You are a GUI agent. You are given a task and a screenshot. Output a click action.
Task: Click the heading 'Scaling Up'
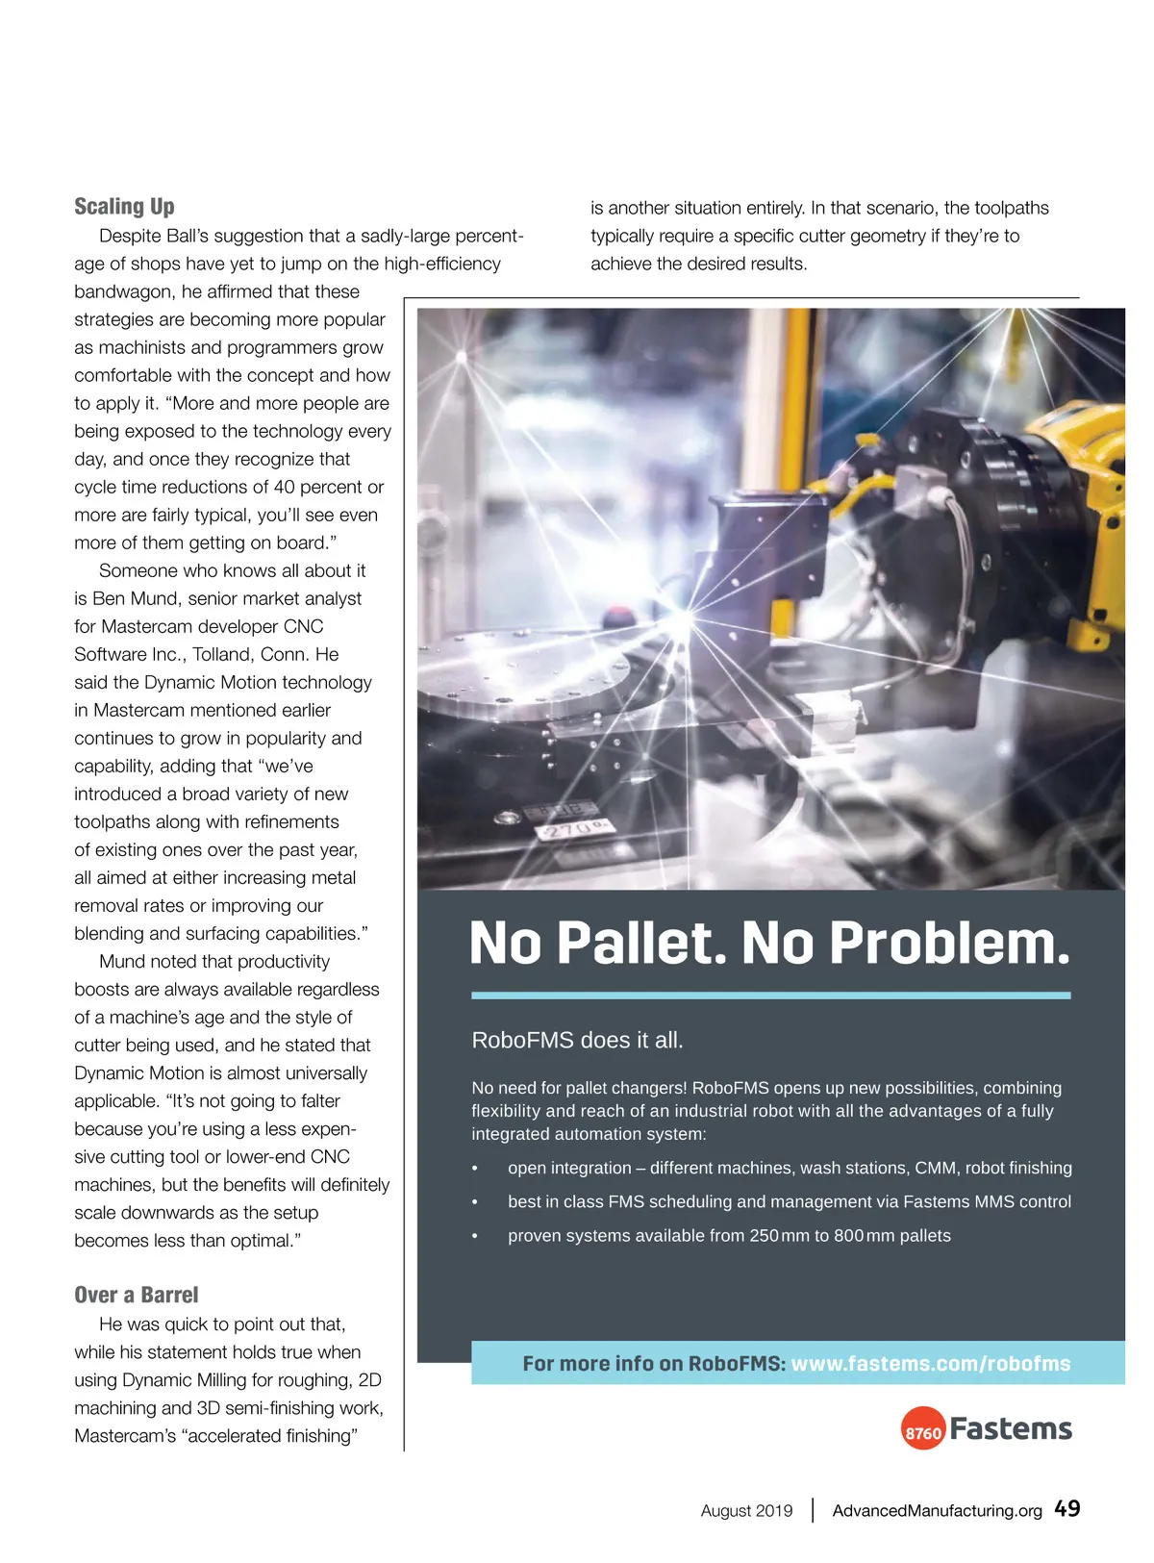point(124,207)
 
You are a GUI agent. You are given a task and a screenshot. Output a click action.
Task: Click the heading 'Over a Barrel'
point(137,1295)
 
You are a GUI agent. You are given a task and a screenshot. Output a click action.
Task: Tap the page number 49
point(1066,1508)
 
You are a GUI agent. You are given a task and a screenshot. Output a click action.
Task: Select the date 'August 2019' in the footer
point(746,1510)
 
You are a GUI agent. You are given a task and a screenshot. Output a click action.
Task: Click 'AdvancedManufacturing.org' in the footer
point(937,1510)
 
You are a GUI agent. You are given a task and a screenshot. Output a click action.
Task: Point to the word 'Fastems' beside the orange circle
point(1011,1429)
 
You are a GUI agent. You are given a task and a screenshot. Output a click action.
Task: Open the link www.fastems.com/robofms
point(930,1363)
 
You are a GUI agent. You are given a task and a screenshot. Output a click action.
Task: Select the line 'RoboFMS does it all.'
point(577,1040)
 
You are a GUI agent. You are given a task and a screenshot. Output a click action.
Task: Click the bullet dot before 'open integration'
point(475,1169)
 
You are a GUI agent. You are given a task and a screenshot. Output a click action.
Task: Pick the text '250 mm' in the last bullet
point(779,1236)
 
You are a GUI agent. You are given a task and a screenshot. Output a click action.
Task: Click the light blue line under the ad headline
point(770,996)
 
